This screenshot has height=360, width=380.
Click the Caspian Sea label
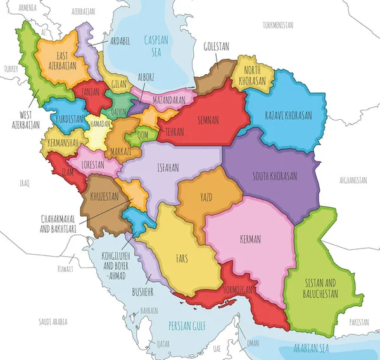pos(155,46)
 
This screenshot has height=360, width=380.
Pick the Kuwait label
pos(65,269)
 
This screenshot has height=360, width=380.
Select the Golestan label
pos(217,46)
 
